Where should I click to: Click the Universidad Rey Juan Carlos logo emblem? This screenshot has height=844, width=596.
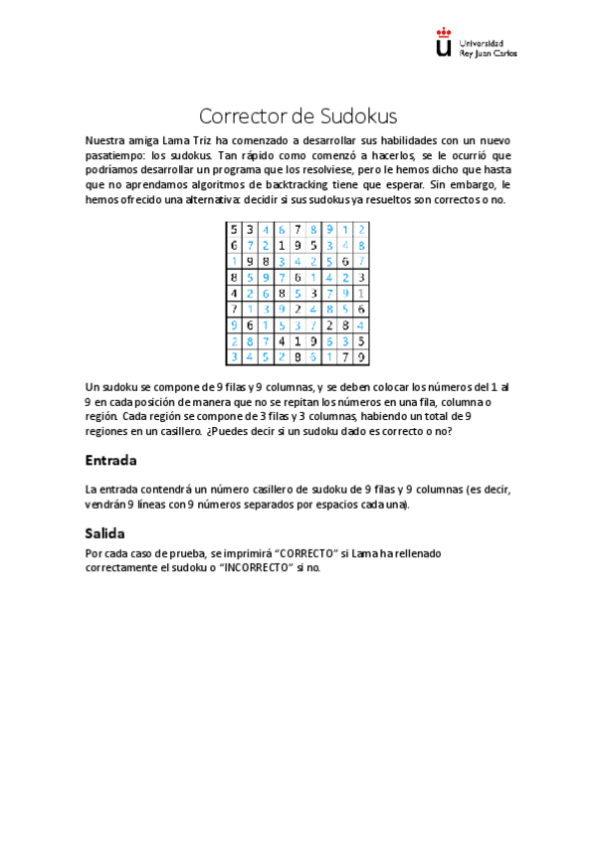[x=444, y=47]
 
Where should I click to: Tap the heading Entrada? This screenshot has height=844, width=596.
[x=110, y=461]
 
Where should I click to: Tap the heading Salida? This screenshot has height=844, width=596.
[x=104, y=532]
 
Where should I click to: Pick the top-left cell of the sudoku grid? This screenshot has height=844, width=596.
[x=234, y=229]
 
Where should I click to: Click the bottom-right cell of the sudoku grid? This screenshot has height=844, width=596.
[x=361, y=357]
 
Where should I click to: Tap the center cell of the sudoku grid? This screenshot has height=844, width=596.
[x=298, y=294]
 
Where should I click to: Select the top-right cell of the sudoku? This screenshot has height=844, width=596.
[x=361, y=229]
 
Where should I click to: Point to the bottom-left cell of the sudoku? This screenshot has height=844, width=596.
[x=234, y=357]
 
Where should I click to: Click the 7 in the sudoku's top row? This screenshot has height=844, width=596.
[x=298, y=229]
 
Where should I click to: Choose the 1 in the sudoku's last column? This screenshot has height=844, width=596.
[x=361, y=294]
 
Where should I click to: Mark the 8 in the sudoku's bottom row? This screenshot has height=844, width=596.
[x=298, y=357]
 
